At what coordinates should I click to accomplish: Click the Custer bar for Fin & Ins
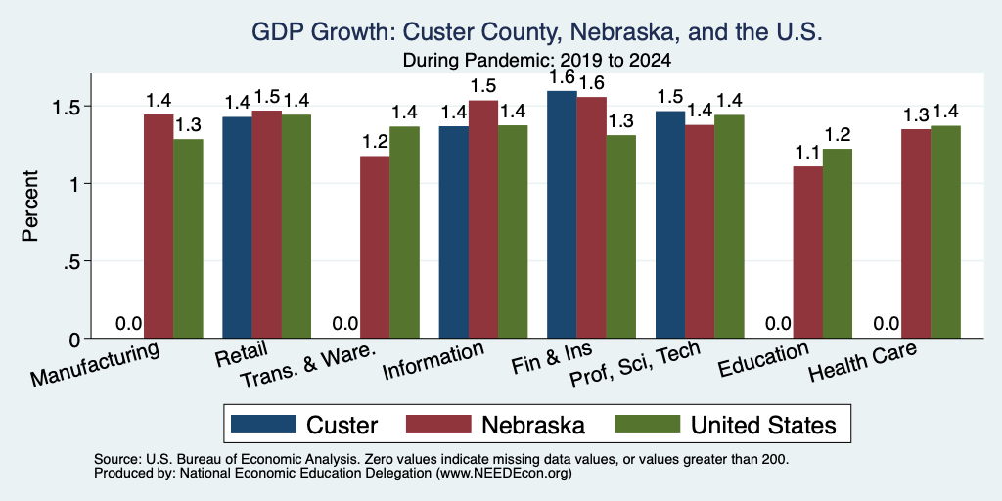coord(562,214)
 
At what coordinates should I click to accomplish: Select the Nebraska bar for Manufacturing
coord(159,226)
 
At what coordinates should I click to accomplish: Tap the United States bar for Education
coord(838,244)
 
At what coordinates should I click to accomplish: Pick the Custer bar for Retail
coord(237,227)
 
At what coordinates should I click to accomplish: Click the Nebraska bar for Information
coord(483,219)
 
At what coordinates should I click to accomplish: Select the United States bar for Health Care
coord(946,232)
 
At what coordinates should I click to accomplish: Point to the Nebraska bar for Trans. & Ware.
coord(375,247)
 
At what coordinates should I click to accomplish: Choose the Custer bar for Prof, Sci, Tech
coord(670,224)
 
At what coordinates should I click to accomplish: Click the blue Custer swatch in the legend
coord(263,424)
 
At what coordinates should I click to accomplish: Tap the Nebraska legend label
coord(533,425)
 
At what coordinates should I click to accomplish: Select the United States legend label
coord(763,425)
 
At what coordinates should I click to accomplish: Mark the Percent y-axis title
coord(30,205)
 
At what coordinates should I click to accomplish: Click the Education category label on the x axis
coord(763,360)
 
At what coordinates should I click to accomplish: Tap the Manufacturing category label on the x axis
coord(94,364)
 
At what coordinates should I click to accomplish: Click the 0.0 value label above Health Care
coord(887,323)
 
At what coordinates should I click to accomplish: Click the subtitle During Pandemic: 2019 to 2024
coord(537,61)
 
